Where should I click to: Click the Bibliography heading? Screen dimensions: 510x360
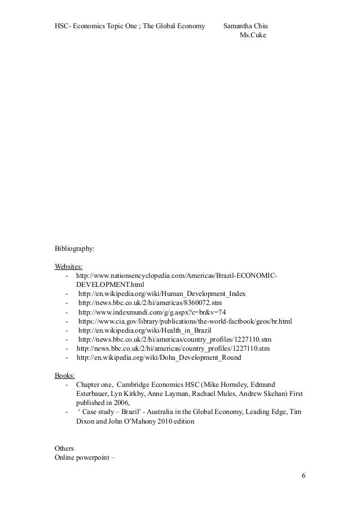[x=74, y=248]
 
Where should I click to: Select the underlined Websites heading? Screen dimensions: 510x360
[x=68, y=266]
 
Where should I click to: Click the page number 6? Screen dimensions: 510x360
[x=304, y=475]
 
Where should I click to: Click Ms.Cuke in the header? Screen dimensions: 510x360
[x=252, y=35]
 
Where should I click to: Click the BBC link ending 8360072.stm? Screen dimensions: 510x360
[x=150, y=303]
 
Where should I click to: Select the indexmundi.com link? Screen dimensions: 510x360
[x=152, y=312]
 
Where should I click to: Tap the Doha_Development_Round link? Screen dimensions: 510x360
[x=159, y=358]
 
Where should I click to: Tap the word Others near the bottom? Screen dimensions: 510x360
[x=64, y=448]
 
